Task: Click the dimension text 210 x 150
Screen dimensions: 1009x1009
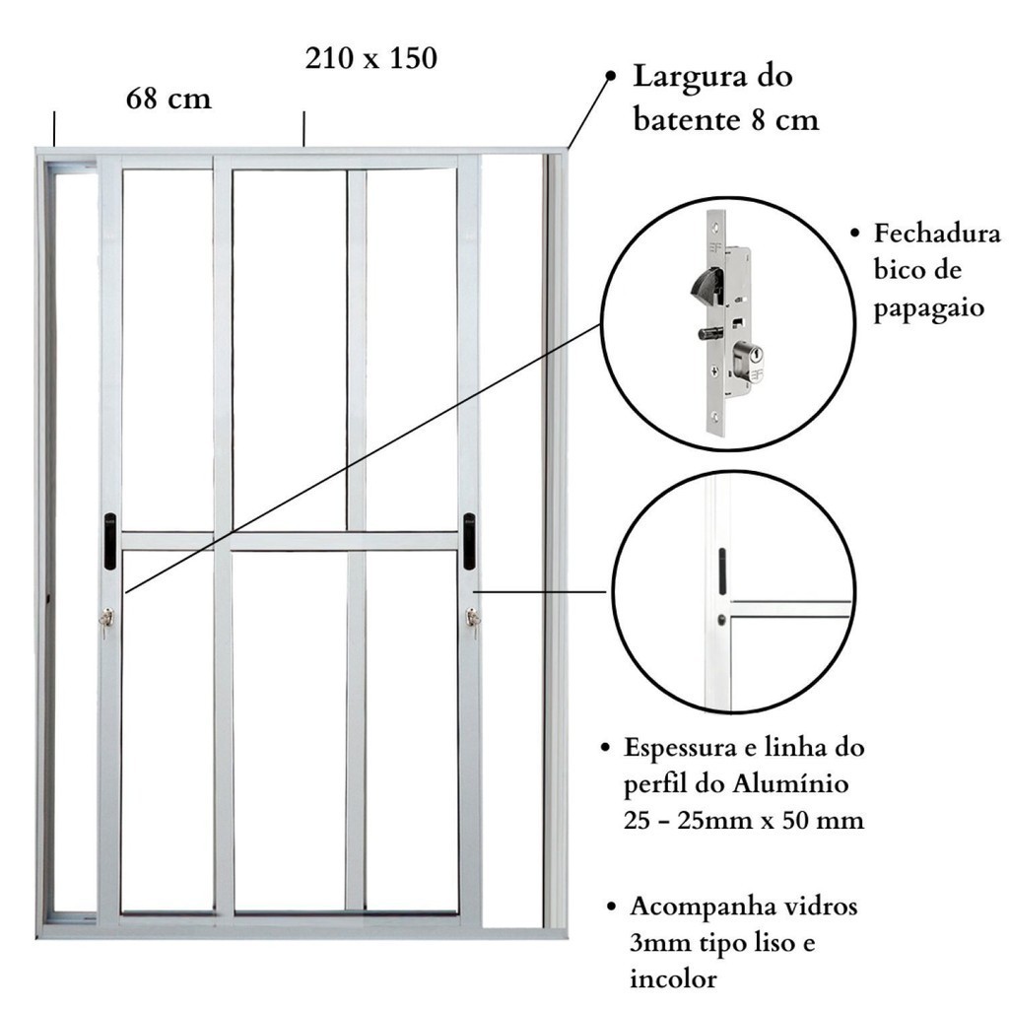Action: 371,58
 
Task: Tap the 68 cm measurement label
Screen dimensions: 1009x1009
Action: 168,99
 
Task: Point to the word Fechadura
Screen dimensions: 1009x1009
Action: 937,233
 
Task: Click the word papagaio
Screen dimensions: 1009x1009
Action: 929,308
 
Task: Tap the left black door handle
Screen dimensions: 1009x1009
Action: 110,541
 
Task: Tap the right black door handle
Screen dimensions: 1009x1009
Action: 470,541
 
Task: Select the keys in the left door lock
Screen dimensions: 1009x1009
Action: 106,622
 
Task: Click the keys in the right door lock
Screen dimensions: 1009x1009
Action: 474,622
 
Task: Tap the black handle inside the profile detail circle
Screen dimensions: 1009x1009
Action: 722,572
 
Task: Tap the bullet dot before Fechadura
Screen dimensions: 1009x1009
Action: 854,233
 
